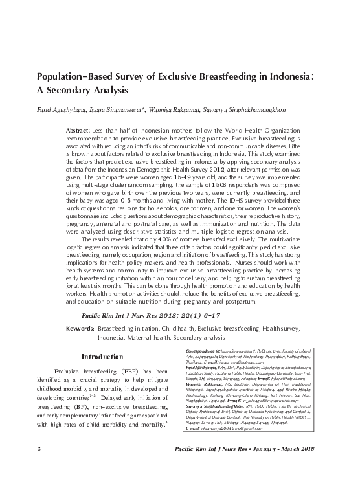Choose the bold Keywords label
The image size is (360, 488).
click(80, 329)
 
